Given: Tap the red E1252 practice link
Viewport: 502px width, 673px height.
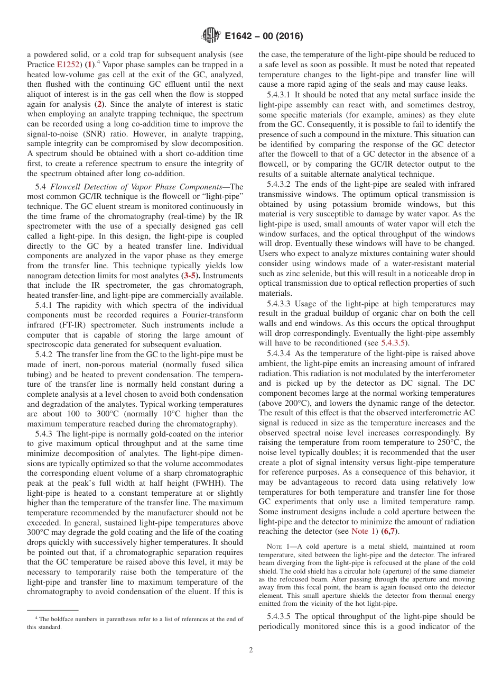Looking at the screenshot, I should pyautogui.click(x=68, y=65).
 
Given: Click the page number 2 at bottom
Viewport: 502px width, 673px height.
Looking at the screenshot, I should pyautogui.click(x=251, y=650).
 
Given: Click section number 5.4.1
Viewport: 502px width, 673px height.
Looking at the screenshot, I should pyautogui.click(x=45, y=305).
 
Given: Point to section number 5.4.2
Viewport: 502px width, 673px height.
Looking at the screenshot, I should pyautogui.click(x=45, y=354).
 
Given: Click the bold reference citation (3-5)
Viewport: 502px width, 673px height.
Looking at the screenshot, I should pyautogui.click(x=190, y=276).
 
